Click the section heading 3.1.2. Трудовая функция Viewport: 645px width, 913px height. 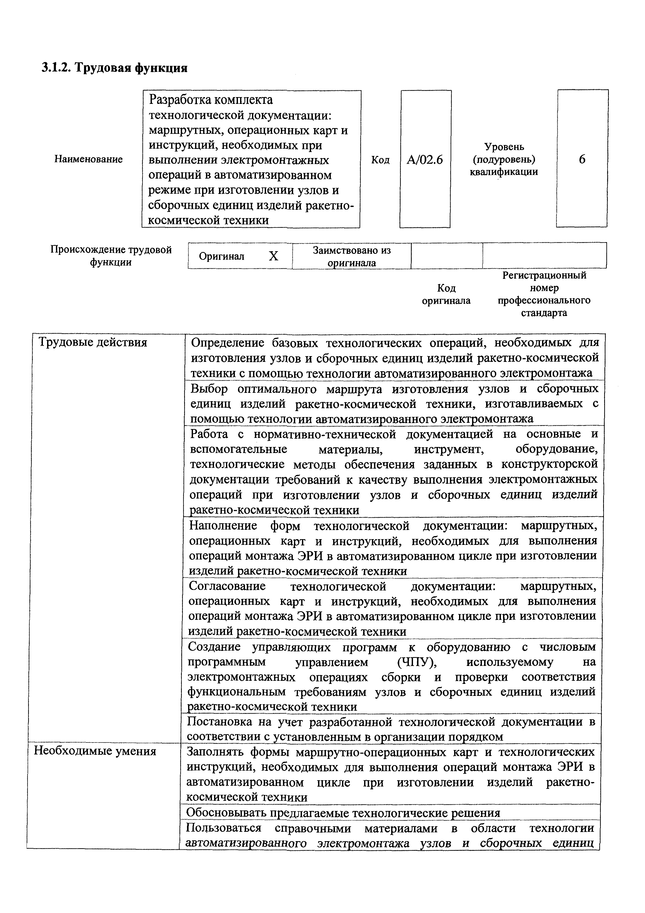point(114,68)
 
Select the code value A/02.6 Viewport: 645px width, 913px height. point(424,160)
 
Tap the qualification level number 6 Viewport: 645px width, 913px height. point(582,159)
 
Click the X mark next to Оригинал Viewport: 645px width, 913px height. point(274,256)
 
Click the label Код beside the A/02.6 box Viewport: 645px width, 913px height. point(380,160)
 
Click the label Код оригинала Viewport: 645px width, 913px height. point(446,294)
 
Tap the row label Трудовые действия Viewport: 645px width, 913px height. point(92,343)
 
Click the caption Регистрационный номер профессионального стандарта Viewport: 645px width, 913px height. point(544,294)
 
